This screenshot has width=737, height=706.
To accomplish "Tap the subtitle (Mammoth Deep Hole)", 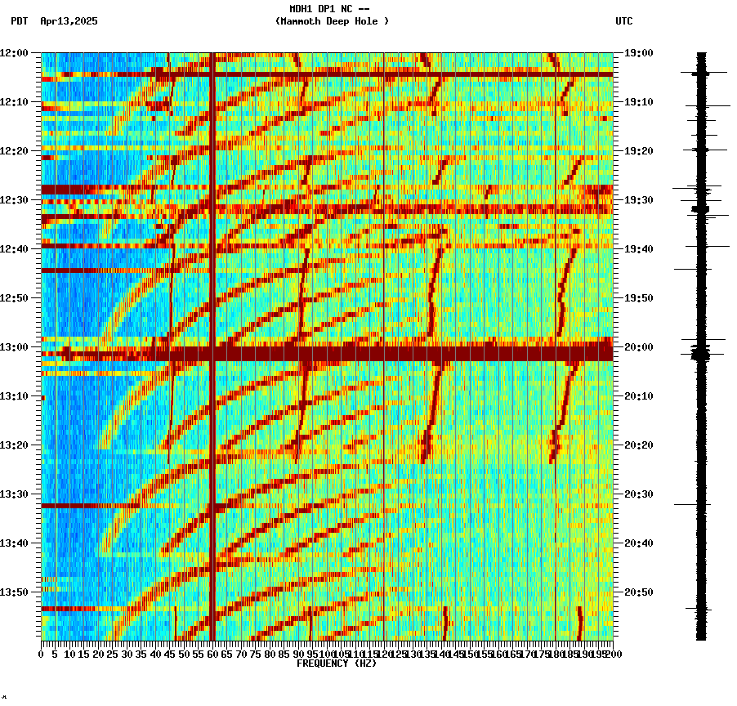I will [332, 21].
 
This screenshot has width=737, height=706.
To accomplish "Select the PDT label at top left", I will [19, 21].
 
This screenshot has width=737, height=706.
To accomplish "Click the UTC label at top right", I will [623, 21].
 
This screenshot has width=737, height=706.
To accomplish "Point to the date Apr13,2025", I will [69, 21].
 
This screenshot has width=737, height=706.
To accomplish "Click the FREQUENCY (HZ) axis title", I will [336, 664].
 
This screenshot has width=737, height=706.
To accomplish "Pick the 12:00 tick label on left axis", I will [15, 53].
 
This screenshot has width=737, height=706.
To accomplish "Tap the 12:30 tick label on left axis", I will [15, 200].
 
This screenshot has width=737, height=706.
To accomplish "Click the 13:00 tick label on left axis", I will [15, 347].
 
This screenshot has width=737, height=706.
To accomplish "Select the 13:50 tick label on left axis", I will [15, 592].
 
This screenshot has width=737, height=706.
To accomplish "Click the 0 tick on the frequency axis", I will [42, 654].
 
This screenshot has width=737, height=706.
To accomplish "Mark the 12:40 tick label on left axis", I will [15, 249].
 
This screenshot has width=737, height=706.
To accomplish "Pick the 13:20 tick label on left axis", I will [15, 445].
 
